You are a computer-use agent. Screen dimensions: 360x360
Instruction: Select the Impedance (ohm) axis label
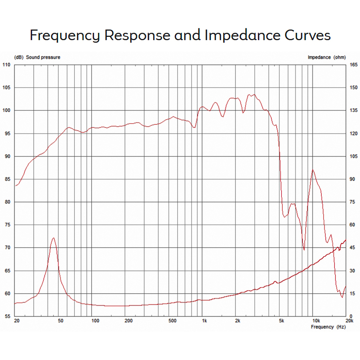tap(326, 57)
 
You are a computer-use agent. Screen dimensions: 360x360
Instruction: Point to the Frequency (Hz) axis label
tap(328, 327)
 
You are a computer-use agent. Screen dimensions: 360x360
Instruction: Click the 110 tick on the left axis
tap(6, 65)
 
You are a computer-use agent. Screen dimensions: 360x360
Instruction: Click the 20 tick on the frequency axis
tap(16, 321)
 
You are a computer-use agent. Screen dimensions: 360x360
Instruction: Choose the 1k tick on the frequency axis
tap(204, 321)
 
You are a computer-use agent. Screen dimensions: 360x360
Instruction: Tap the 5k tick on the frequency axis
tap(281, 321)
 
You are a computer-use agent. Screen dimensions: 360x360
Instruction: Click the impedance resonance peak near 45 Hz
tap(53, 238)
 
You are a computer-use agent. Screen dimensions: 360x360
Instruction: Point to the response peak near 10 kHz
tap(313, 170)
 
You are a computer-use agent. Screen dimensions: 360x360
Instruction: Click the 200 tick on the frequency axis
tap(129, 321)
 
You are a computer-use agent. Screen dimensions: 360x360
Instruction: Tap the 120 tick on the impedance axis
tap(352, 134)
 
